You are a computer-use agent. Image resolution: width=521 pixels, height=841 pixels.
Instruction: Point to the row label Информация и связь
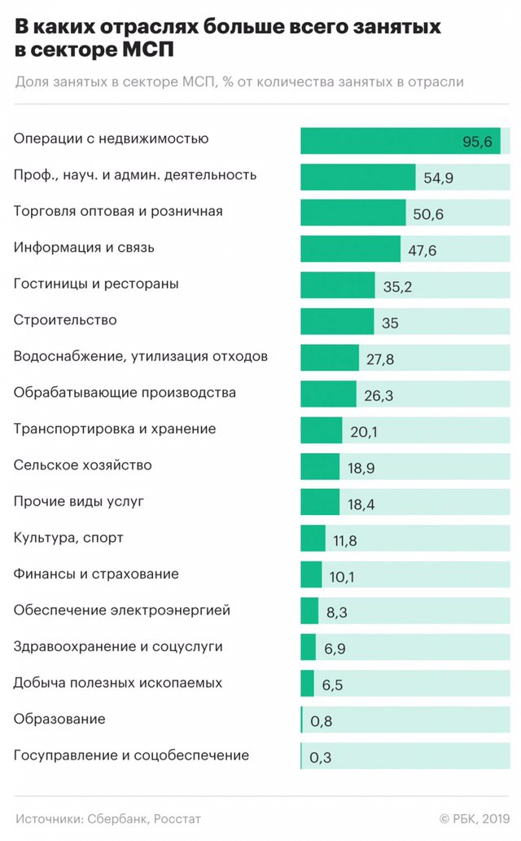coord(84,247)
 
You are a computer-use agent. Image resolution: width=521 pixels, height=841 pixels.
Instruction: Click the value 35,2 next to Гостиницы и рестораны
coord(399,286)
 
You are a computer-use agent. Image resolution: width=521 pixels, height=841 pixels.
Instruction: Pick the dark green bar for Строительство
coord(337,322)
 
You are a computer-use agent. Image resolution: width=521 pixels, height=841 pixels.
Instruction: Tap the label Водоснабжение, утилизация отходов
coord(141,356)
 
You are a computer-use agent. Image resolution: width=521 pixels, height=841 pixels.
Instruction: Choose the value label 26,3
coord(379,395)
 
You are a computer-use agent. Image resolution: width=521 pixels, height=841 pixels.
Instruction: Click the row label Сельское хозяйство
coord(82,465)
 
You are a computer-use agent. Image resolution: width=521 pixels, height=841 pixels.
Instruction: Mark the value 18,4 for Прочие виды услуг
coord(361,504)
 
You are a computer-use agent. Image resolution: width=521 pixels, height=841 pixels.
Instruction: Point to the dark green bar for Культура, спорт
coord(313,539)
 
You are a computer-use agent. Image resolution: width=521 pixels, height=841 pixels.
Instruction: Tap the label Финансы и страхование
coord(96,575)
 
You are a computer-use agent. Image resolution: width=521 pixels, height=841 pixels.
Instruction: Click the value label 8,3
coord(338,613)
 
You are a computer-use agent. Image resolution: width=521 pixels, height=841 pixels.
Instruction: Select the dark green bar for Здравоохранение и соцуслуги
coord(308,648)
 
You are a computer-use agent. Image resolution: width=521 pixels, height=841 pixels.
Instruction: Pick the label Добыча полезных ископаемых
coord(118,683)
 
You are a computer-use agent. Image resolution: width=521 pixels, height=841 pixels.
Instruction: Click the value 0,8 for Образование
coord(321,721)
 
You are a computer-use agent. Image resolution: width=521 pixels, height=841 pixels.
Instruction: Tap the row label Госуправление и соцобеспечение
coord(131,755)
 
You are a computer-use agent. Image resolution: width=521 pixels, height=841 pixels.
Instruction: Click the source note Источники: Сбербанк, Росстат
coord(107,818)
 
